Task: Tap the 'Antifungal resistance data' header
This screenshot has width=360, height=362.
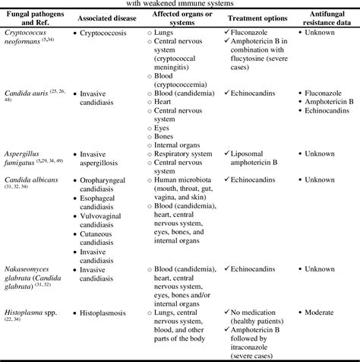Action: pyautogui.click(x=326, y=16)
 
